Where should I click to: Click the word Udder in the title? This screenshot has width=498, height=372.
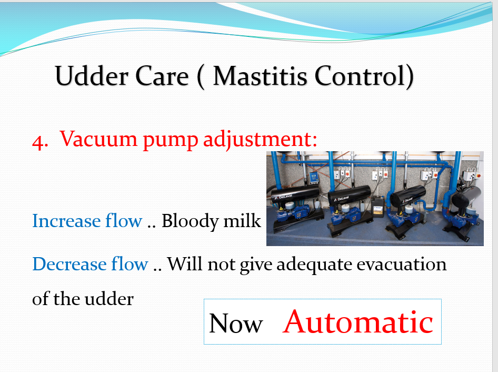pyautogui.click(x=92, y=76)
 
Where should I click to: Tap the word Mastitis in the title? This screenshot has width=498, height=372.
pyautogui.click(x=260, y=76)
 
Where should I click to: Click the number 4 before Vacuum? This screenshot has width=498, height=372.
pyautogui.click(x=39, y=142)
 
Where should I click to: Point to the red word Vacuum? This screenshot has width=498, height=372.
pyautogui.click(x=98, y=139)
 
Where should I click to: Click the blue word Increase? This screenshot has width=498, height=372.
pyautogui.click(x=66, y=220)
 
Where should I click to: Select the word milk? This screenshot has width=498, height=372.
pyautogui.click(x=242, y=220)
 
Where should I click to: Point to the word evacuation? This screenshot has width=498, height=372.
pyautogui.click(x=402, y=264)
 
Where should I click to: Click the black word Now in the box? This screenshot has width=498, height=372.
pyautogui.click(x=236, y=324)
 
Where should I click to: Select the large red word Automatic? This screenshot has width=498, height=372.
pyautogui.click(x=358, y=321)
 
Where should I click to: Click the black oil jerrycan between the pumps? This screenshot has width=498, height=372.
pyautogui.click(x=377, y=207)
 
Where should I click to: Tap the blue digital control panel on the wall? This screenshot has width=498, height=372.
pyautogui.click(x=313, y=178)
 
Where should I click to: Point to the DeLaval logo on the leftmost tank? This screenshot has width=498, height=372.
pyautogui.click(x=284, y=197)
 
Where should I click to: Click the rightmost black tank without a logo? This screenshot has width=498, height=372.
pyautogui.click(x=466, y=197)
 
